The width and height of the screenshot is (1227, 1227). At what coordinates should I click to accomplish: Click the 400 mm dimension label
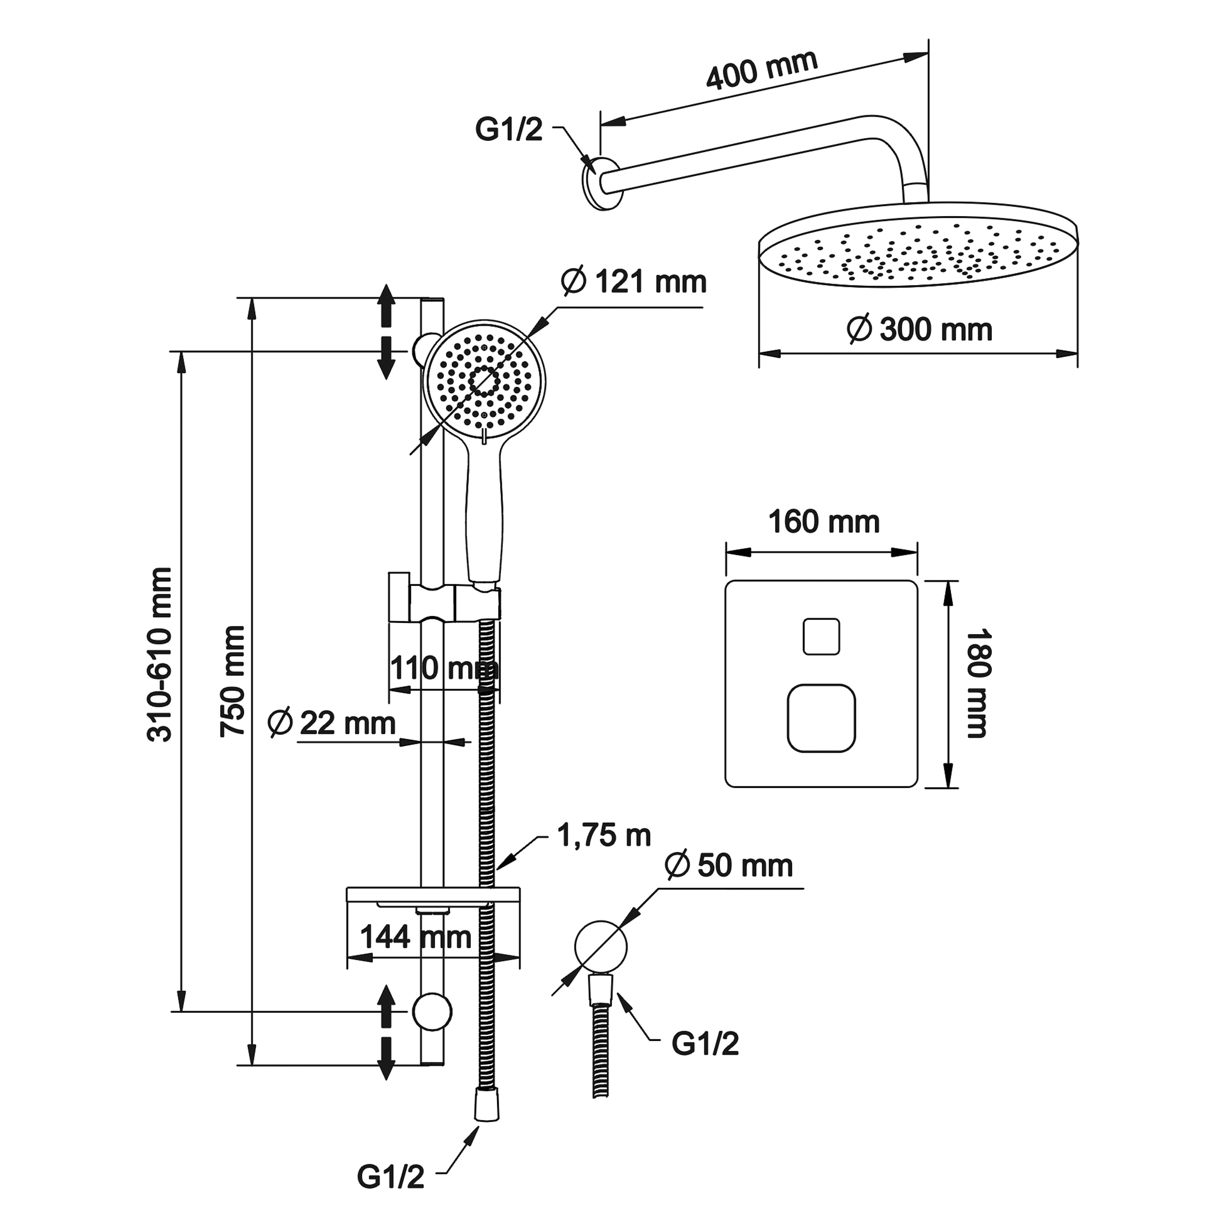click(762, 70)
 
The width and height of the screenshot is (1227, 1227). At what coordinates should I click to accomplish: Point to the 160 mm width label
click(824, 522)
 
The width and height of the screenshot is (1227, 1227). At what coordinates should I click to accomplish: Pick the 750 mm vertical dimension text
click(232, 682)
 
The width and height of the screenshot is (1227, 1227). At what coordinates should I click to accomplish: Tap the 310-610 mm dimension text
click(159, 655)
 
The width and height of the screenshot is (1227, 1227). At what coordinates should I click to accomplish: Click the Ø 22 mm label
click(331, 724)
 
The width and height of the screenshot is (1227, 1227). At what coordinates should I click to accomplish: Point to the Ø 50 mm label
click(729, 865)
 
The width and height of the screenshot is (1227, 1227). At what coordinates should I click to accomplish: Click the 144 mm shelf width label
click(416, 937)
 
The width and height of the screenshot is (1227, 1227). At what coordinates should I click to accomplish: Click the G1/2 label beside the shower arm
click(509, 129)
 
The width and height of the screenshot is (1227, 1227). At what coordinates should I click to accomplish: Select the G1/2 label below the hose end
click(390, 1177)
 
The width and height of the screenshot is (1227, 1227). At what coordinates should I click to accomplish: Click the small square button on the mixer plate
click(821, 636)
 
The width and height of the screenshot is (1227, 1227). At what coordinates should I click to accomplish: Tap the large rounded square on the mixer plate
click(821, 718)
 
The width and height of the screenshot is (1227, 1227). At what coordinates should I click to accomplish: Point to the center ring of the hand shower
click(484, 381)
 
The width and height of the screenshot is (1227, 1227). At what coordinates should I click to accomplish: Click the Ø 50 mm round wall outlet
click(600, 947)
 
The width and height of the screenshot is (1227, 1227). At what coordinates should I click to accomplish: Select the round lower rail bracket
click(432, 1012)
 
